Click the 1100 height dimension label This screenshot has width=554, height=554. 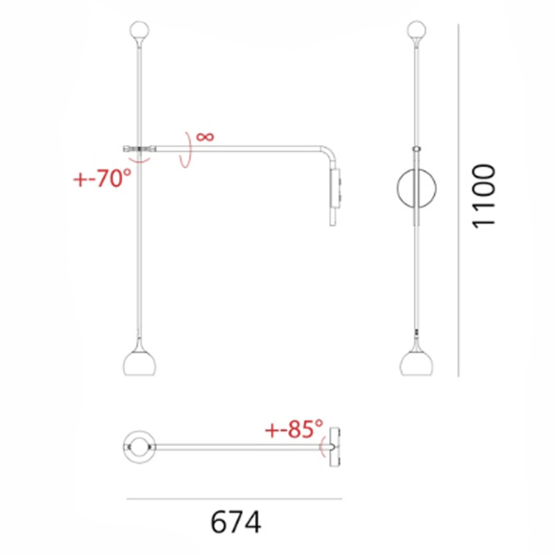(x=483, y=195)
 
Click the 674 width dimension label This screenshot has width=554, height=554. (x=235, y=522)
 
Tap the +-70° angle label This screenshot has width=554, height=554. (x=102, y=179)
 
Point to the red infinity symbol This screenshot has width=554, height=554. (x=205, y=136)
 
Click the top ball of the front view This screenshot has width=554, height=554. (x=416, y=30)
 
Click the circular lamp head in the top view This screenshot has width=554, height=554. (x=139, y=445)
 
